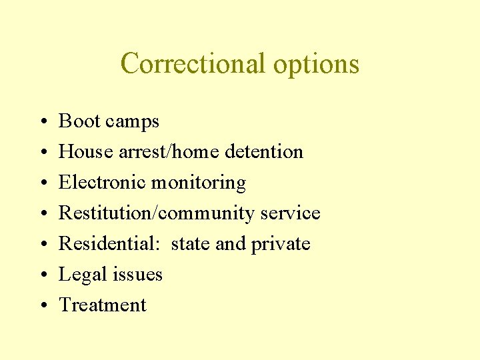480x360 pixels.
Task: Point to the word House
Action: [x=85, y=152]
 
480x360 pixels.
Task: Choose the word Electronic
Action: [x=102, y=183]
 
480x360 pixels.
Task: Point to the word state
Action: [x=191, y=244]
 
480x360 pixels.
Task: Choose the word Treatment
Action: [x=103, y=305]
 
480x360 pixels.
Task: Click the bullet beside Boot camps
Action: [x=42, y=122]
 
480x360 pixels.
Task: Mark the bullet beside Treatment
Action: [x=42, y=306]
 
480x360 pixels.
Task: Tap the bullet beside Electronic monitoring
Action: [x=42, y=183]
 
